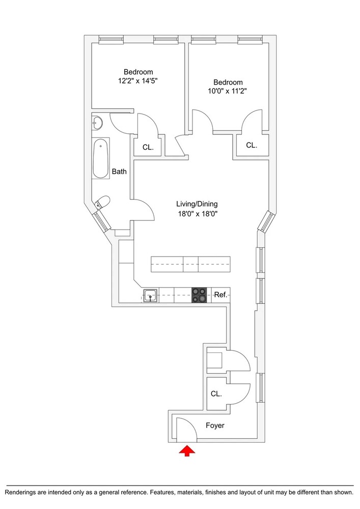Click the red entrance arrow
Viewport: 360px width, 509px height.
pos(187,451)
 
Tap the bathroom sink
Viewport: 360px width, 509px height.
pos(97,122)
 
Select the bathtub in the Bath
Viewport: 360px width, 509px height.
pos(101,159)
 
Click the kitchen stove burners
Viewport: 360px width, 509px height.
pos(199,295)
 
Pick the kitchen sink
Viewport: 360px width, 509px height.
pos(150,296)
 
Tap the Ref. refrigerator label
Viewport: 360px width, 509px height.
pos(221,295)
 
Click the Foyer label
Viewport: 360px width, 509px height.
pos(215,425)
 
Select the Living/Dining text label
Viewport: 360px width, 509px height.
pos(197,204)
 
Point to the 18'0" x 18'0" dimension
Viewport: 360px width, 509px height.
pos(197,214)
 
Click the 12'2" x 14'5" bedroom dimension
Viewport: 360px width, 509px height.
pos(138,81)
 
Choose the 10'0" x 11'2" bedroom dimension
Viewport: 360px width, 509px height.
pos(228,91)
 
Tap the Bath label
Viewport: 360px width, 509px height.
pos(119,172)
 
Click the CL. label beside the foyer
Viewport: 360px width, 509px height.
pos(216,394)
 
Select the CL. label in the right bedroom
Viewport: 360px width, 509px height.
pos(252,145)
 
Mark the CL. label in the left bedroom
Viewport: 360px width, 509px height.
pos(148,148)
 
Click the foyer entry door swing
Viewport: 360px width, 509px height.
pos(186,430)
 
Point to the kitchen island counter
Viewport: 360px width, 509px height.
pos(190,264)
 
